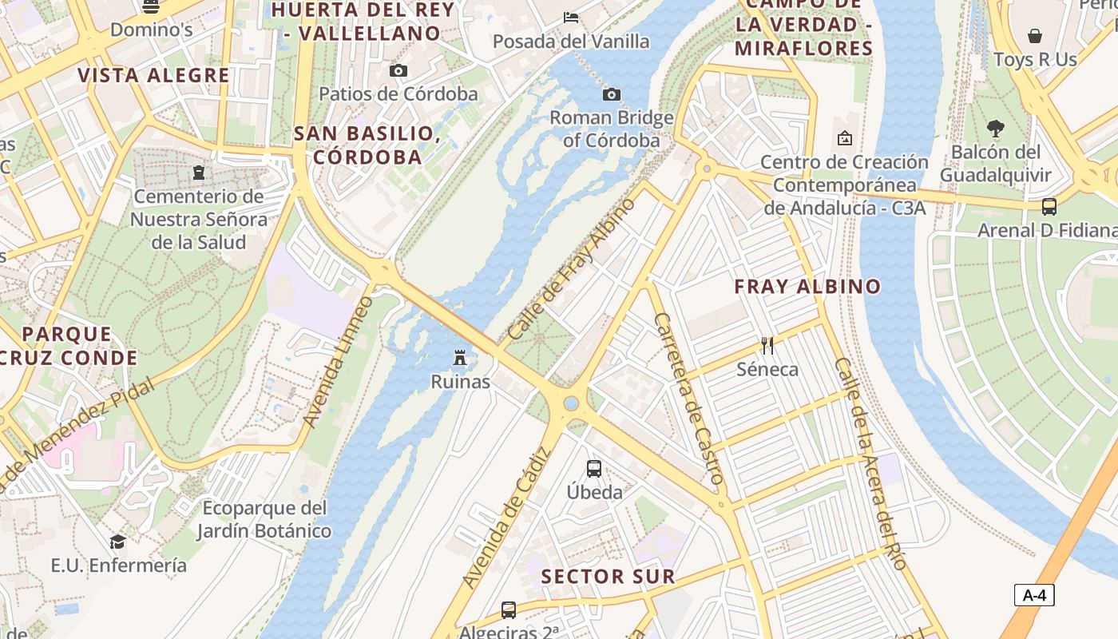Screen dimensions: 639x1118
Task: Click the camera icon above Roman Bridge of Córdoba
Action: point(611,95)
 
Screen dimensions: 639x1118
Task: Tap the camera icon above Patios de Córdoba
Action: point(398,71)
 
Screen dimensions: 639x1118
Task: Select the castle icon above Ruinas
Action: point(460,358)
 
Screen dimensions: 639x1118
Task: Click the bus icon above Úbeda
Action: point(594,469)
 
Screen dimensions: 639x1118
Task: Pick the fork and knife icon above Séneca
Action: point(767,346)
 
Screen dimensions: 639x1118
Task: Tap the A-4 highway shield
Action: point(1034,595)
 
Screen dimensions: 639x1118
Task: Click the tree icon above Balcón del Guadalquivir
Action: point(995,128)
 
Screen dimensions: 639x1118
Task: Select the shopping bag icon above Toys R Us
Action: point(1035,36)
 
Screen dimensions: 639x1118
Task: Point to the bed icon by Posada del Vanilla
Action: point(571,18)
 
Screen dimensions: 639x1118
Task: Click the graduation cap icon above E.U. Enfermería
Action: point(118,542)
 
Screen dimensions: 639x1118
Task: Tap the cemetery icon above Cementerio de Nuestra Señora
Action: point(199,173)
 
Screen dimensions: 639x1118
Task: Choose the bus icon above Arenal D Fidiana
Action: point(1049,207)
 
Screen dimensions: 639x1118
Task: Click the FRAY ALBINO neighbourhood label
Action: point(807,286)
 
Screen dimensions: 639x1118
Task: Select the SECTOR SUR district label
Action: point(608,576)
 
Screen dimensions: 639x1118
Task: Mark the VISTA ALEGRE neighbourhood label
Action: point(153,76)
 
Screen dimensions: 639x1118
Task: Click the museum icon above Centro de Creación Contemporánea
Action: point(844,138)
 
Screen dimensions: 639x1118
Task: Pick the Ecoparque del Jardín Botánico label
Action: point(264,519)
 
